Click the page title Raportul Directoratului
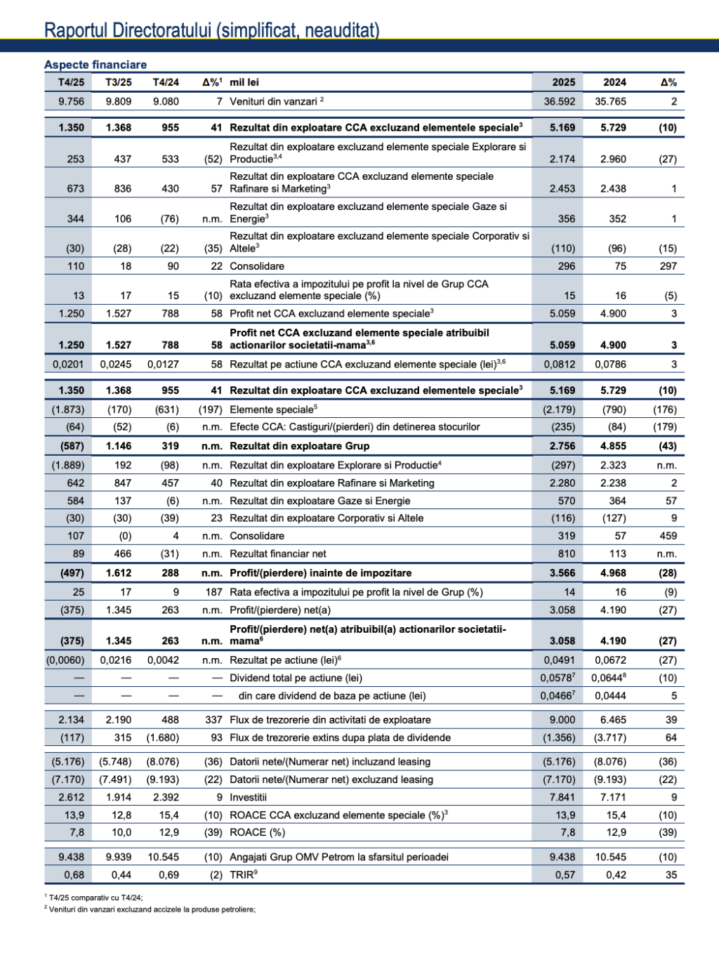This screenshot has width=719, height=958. point(211,30)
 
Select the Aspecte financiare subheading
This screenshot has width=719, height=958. point(95,65)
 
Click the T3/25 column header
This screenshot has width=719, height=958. point(119,82)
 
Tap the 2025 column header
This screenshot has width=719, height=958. point(563,82)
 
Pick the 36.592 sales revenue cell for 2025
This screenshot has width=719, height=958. point(559,101)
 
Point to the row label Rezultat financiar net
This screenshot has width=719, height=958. point(278,553)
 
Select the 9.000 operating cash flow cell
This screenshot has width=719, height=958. point(562,720)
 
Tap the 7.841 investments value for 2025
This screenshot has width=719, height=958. point(562,797)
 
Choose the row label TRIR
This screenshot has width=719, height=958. point(243,875)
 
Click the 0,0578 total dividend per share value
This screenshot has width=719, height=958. point(558,678)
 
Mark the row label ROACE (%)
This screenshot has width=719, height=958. point(257,832)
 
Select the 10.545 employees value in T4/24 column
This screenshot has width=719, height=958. point(163,857)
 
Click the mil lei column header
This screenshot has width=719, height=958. point(244,82)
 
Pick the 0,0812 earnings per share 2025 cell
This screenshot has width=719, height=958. point(559,365)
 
